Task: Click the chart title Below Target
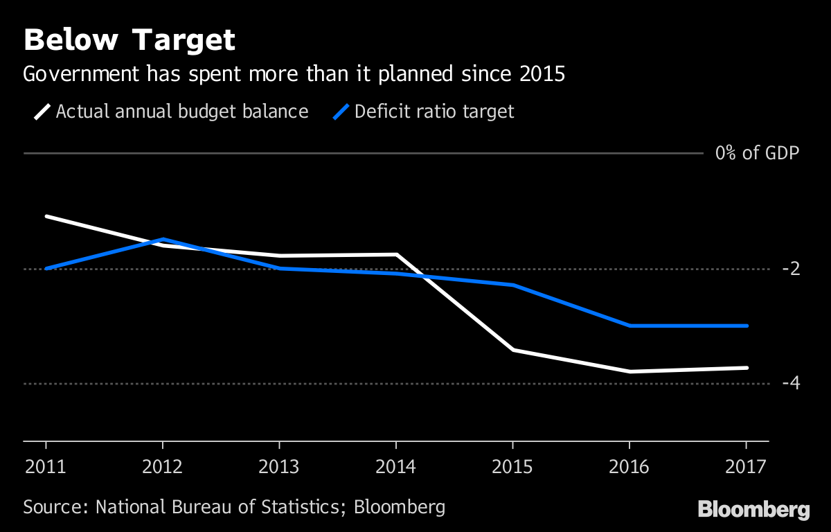tap(129, 41)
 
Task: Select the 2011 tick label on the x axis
tap(46, 466)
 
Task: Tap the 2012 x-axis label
tap(162, 466)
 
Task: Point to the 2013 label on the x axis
tap(279, 466)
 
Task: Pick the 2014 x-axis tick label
tap(396, 466)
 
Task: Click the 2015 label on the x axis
tap(512, 466)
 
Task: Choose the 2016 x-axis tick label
tap(629, 466)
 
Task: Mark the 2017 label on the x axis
tap(746, 466)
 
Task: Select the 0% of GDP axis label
tap(757, 153)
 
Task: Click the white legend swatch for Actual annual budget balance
tap(42, 112)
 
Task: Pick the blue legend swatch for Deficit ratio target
tap(341, 112)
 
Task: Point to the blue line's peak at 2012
tap(163, 239)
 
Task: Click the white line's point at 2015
tap(513, 350)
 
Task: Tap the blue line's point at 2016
tap(629, 326)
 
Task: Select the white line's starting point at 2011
tap(46, 216)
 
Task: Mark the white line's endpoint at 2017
tap(747, 368)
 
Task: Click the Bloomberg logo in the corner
tap(753, 510)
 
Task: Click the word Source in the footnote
tap(53, 506)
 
